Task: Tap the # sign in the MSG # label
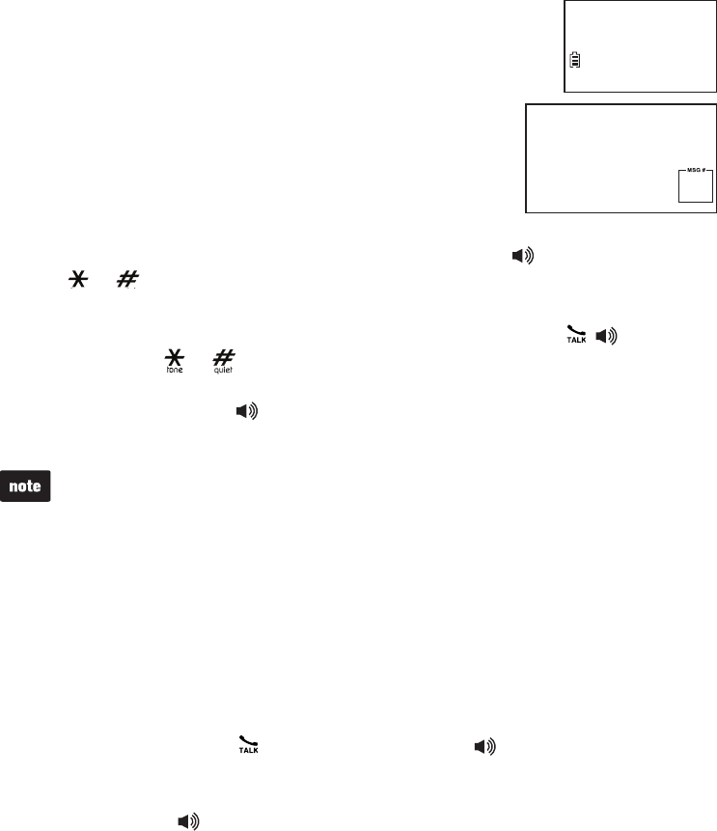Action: coord(702,169)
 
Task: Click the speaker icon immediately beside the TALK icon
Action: coord(606,338)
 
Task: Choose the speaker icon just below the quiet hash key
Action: coord(249,411)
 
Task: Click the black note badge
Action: coord(26,486)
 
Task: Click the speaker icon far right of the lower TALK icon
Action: coord(487,746)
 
